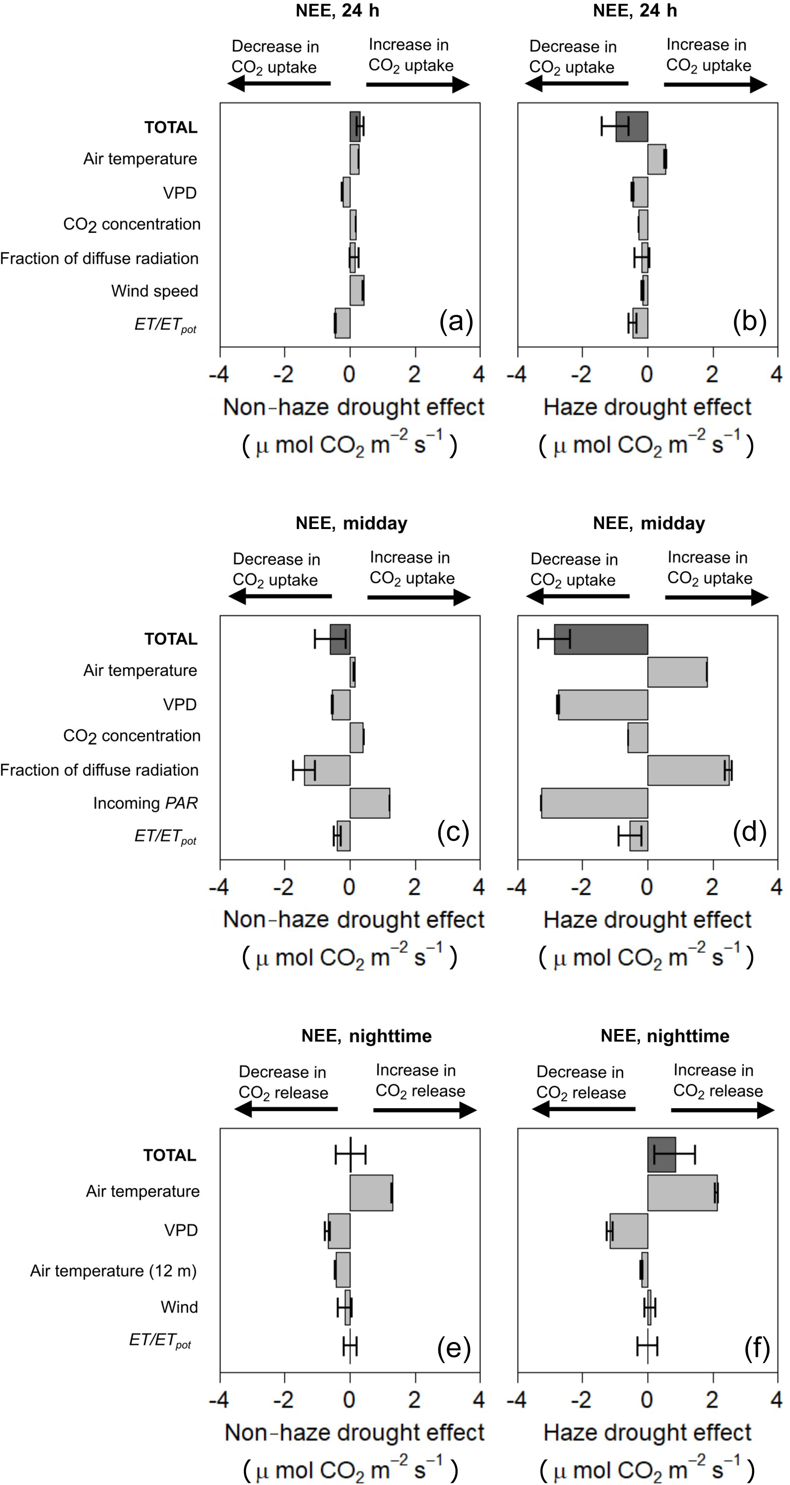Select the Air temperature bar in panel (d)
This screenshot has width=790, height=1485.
[677, 672]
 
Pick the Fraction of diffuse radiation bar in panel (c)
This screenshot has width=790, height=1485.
[327, 770]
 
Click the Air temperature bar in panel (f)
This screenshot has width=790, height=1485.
[682, 1193]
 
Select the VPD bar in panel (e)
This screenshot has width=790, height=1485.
[339, 1231]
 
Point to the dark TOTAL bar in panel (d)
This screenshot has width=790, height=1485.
[601, 639]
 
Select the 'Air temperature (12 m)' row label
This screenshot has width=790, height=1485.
[114, 1271]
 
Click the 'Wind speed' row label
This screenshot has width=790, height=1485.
[154, 291]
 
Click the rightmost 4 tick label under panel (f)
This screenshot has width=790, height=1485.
[776, 1400]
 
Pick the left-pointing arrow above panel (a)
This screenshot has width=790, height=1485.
[279, 84]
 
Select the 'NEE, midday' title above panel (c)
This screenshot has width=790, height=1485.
[352, 523]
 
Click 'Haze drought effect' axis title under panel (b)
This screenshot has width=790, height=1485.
[647, 407]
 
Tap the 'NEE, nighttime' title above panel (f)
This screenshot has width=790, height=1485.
[665, 1036]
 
